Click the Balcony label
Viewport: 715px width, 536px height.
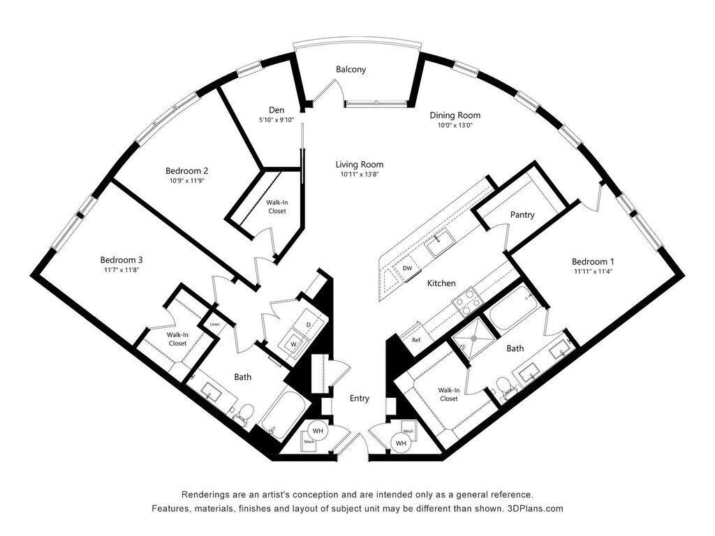click(x=351, y=70)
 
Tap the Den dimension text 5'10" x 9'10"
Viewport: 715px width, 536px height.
click(x=277, y=119)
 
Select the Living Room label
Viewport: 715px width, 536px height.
click(x=359, y=165)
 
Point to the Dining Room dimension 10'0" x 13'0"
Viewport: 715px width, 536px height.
click(x=455, y=126)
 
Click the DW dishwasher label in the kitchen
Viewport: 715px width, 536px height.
click(x=408, y=267)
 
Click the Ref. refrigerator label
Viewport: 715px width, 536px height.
click(x=416, y=340)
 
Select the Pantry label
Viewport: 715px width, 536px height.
click(x=522, y=215)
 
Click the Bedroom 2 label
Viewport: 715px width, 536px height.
click(x=186, y=170)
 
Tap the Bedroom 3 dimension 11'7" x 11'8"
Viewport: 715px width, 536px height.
click(x=121, y=269)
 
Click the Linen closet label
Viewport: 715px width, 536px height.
click(x=215, y=325)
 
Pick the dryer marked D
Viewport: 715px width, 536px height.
click(x=309, y=325)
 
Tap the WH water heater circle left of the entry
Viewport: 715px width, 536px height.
click(x=318, y=431)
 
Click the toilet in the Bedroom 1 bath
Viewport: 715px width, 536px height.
click(x=504, y=386)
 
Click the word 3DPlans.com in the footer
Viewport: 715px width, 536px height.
click(x=536, y=508)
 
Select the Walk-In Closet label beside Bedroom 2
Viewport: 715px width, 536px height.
click(x=277, y=207)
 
